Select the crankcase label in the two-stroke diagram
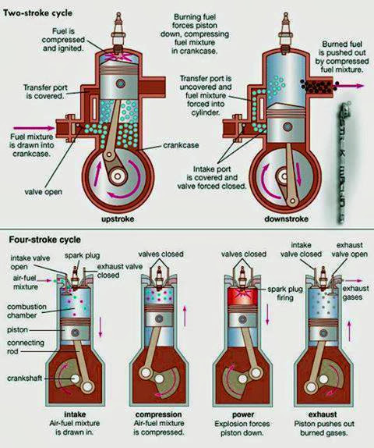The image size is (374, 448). coord(184,145)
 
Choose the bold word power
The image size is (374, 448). coord(244,415)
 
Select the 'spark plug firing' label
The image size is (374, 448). coord(289,299)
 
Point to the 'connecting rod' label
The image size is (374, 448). coord(22,340)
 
